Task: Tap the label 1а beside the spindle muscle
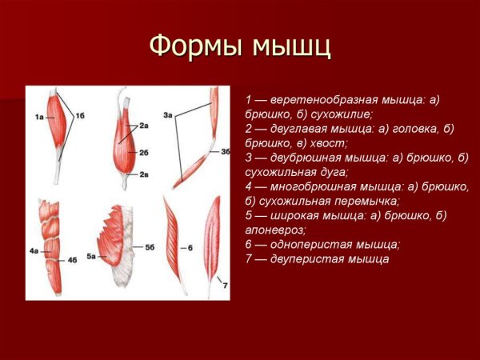click(38, 118)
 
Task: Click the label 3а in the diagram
click(168, 116)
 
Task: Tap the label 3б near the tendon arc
click(226, 150)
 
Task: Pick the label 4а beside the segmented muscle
click(34, 251)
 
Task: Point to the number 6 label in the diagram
click(191, 248)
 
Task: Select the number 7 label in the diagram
click(225, 285)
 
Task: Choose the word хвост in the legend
click(328, 142)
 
